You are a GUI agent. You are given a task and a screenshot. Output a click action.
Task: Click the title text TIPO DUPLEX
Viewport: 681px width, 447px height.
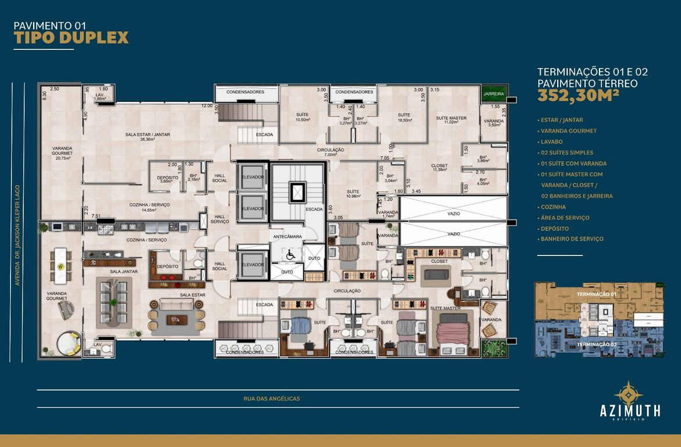tap(70, 38)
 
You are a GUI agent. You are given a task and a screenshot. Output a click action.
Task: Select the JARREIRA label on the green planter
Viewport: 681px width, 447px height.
tap(494, 93)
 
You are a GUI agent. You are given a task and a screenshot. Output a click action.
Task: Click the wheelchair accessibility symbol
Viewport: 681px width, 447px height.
tap(290, 254)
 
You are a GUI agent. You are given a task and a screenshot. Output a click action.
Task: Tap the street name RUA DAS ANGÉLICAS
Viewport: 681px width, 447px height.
tap(272, 399)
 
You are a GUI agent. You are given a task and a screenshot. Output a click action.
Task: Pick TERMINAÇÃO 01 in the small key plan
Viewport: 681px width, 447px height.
tap(596, 295)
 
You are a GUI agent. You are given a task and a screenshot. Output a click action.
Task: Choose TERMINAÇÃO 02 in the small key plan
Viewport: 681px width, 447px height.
tap(596, 345)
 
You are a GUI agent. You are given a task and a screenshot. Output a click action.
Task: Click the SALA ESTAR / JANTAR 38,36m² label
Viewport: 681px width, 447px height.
tap(147, 137)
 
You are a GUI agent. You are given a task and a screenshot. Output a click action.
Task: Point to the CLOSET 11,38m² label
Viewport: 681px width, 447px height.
tap(439, 168)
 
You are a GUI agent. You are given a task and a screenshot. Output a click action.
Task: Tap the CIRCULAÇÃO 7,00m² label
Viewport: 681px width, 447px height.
tap(331, 152)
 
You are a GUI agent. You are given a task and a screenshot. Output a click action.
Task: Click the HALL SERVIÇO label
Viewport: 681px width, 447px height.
tap(219, 219)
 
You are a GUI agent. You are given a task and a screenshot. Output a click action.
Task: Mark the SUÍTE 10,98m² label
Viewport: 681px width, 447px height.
tap(352, 193)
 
